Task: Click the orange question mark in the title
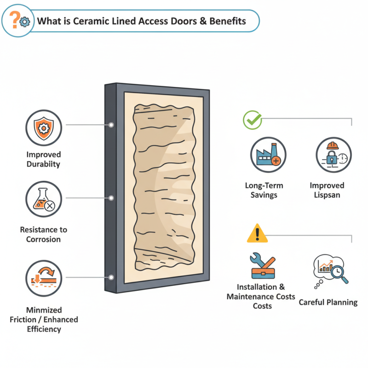click(15, 19)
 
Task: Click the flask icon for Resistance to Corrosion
click(43, 199)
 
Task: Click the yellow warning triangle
click(257, 234)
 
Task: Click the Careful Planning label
click(328, 302)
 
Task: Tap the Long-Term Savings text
click(264, 190)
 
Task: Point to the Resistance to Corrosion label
click(43, 234)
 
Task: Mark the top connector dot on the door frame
click(111, 124)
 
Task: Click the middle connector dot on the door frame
click(111, 198)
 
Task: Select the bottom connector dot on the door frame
click(111, 277)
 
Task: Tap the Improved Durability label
click(43, 159)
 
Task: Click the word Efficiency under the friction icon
click(44, 329)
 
